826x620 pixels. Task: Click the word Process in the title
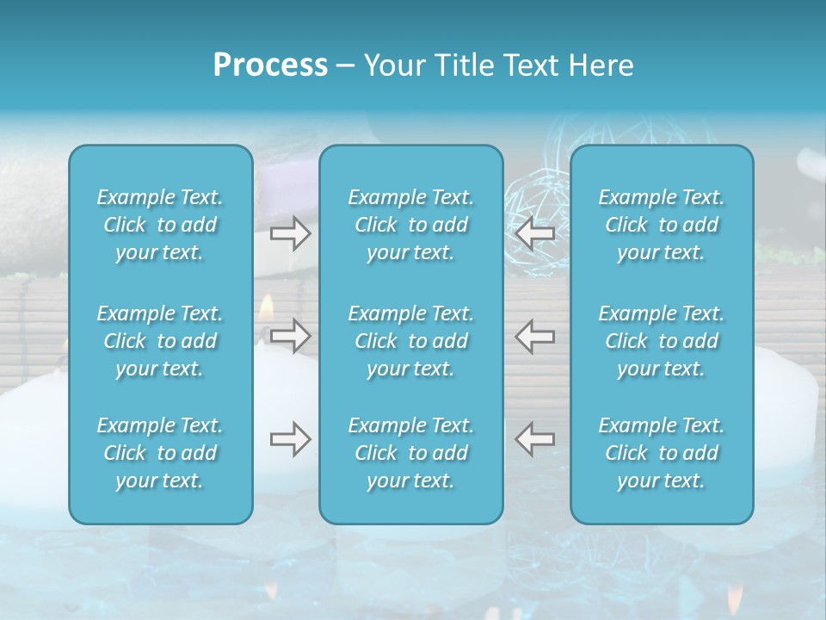pos(270,65)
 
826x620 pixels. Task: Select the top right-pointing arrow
pos(291,233)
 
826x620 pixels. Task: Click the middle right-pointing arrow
pos(291,335)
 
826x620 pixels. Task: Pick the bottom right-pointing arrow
pos(291,439)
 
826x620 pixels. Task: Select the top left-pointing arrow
pos(535,233)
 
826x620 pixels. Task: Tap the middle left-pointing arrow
pos(535,335)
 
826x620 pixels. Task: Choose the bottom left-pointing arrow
pos(535,439)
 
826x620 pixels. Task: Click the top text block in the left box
pos(160,225)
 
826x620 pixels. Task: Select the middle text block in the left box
pos(160,341)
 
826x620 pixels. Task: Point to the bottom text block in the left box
pos(160,453)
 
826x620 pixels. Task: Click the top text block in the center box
pos(411,225)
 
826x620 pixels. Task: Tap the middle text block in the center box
pos(411,341)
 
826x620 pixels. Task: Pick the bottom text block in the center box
pos(411,453)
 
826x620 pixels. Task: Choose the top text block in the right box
pos(662,225)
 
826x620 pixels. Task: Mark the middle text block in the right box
pos(662,341)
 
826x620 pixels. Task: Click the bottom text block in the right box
pos(662,453)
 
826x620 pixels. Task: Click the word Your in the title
pos(392,65)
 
